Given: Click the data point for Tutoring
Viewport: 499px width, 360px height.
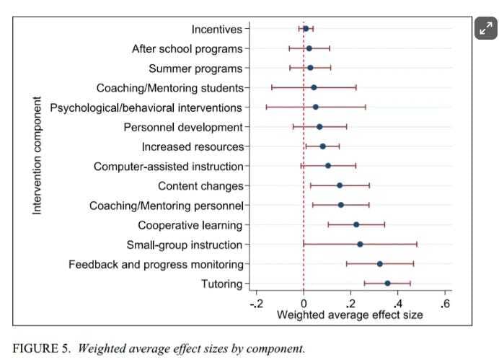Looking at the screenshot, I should tap(387, 284).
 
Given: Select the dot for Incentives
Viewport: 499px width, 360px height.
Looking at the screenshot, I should tap(306, 29).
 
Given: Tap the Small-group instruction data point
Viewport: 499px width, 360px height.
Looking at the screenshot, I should tap(360, 245).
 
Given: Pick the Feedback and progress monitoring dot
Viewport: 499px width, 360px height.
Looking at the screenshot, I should tap(380, 264).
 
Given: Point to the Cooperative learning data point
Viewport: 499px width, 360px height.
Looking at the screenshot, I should tap(356, 224).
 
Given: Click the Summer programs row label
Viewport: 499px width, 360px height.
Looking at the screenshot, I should tap(195, 69).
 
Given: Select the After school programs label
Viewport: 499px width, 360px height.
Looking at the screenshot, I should tap(187, 49).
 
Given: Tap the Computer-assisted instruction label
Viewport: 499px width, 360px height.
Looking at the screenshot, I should tap(168, 167).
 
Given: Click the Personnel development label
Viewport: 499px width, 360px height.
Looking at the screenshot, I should tap(183, 128).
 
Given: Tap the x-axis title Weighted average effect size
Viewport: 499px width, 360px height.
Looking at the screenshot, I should tap(350, 315).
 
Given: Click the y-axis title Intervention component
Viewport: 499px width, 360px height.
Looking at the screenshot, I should tap(37, 155).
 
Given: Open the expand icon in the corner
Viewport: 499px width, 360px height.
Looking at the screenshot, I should tap(486, 29).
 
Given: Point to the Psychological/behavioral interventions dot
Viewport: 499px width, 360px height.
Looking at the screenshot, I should tap(315, 107).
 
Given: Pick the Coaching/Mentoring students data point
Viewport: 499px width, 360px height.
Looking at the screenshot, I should tap(314, 88).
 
